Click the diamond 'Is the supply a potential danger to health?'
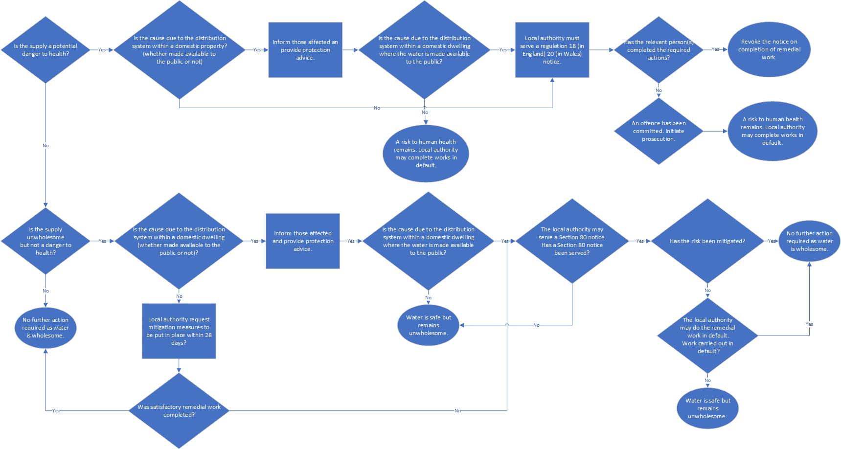point(45,49)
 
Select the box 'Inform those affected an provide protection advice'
point(305,50)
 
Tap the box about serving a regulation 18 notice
point(552,50)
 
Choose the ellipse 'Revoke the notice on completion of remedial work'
point(769,49)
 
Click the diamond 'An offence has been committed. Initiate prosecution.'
point(659,131)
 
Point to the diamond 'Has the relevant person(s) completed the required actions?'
point(659,50)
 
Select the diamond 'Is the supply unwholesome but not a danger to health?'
point(45,241)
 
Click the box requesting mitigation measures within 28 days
point(179,331)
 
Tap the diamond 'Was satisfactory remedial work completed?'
point(179,410)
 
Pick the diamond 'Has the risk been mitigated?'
point(707,241)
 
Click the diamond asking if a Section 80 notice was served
point(572,241)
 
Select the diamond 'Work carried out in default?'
point(707,336)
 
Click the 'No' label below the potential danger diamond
point(45,146)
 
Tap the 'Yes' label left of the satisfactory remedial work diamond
point(56,410)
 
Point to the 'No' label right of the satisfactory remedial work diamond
point(457,411)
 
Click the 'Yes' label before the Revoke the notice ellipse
point(715,49)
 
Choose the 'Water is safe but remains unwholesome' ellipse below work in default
point(707,408)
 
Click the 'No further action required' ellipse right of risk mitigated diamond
point(809,241)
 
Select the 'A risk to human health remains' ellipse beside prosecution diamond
point(772,131)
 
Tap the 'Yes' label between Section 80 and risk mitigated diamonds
point(639,241)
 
